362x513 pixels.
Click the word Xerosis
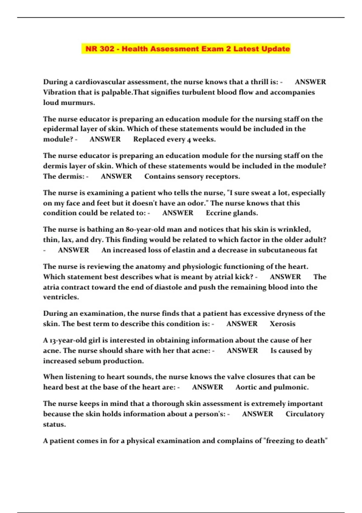pyautogui.click(x=282, y=324)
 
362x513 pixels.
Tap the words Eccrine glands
pyautogui.click(x=232, y=213)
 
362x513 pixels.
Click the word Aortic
pyautogui.click(x=246, y=387)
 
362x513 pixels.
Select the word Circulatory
pyautogui.click(x=305, y=414)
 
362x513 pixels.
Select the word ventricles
pyautogui.click(x=61, y=297)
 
